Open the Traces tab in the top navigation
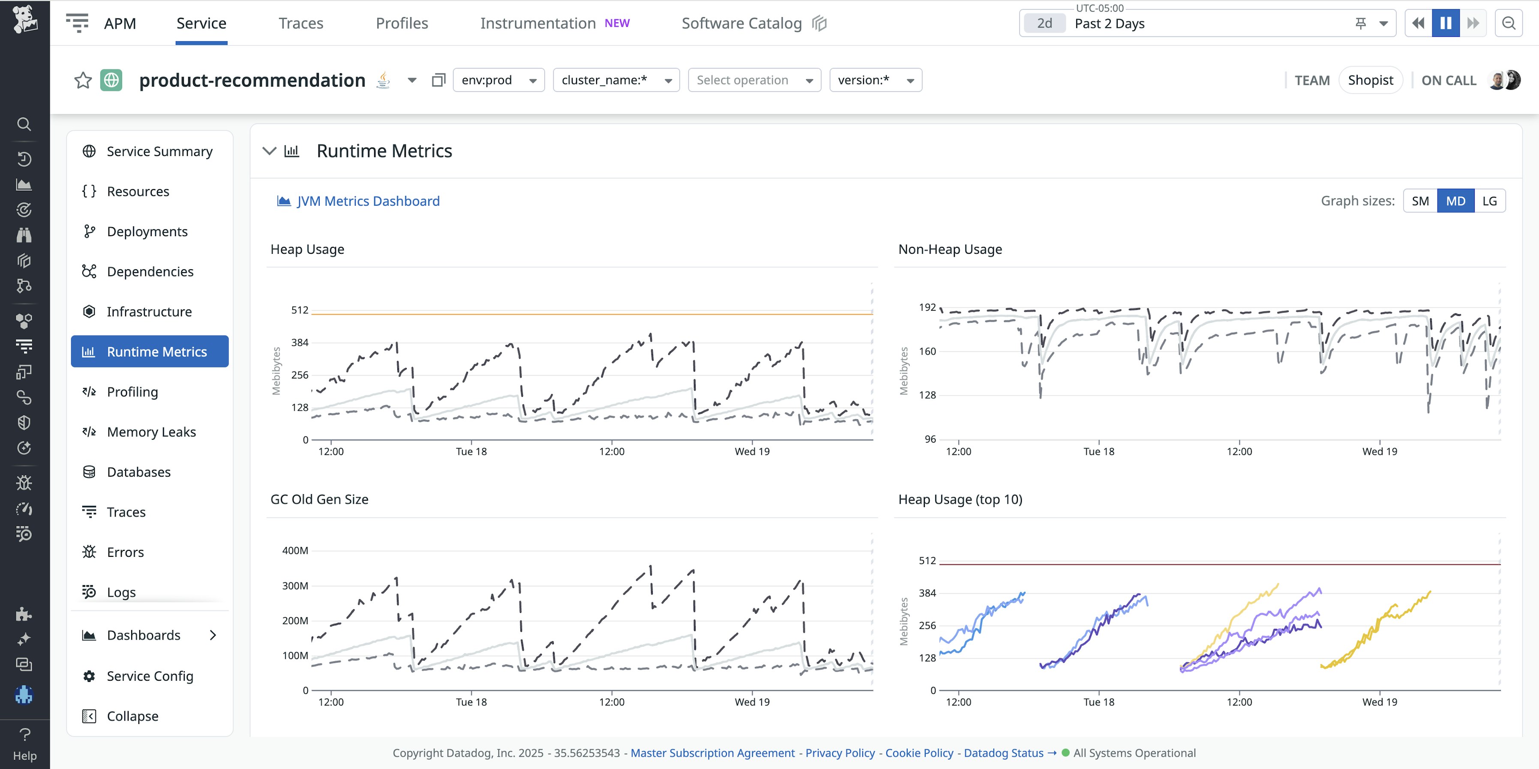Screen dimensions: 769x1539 click(x=300, y=23)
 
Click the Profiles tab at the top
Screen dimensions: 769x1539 click(x=402, y=23)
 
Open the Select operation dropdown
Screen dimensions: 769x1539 click(x=754, y=80)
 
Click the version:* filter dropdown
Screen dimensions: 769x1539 click(x=875, y=80)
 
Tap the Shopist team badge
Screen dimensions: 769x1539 click(x=1370, y=80)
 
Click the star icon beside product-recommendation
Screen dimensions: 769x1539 click(x=83, y=80)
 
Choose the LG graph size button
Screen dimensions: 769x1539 click(x=1489, y=201)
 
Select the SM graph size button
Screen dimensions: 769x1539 click(x=1420, y=201)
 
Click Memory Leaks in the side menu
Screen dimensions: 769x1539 click(x=151, y=432)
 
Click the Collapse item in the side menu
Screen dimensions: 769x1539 click(x=132, y=716)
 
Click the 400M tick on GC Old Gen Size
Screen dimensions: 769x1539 click(x=295, y=550)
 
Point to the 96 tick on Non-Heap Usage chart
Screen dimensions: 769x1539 click(x=930, y=439)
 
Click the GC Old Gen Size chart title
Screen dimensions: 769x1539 click(x=319, y=499)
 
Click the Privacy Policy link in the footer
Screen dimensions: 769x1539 click(x=840, y=753)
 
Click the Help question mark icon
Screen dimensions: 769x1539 click(x=24, y=734)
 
